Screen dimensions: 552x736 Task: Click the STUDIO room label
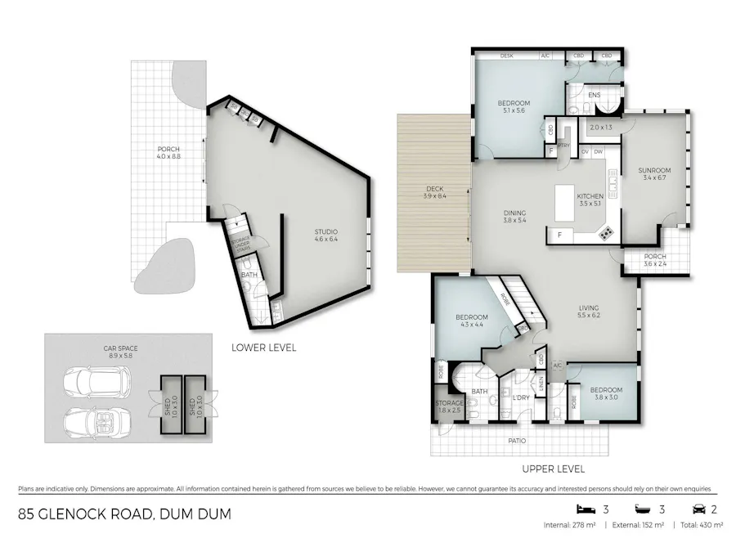pos(326,237)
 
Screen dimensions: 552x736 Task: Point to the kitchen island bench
pos(566,204)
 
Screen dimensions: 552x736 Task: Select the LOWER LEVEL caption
pos(263,348)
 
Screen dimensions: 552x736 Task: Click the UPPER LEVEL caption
pos(552,469)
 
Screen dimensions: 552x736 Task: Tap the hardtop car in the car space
pos(96,381)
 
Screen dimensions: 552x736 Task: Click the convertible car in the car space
pos(96,420)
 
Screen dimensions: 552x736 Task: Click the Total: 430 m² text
pos(701,526)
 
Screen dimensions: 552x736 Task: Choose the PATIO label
pos(517,441)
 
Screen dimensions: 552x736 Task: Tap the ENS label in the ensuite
pos(594,96)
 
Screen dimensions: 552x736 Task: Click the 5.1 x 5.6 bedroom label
pos(514,107)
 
